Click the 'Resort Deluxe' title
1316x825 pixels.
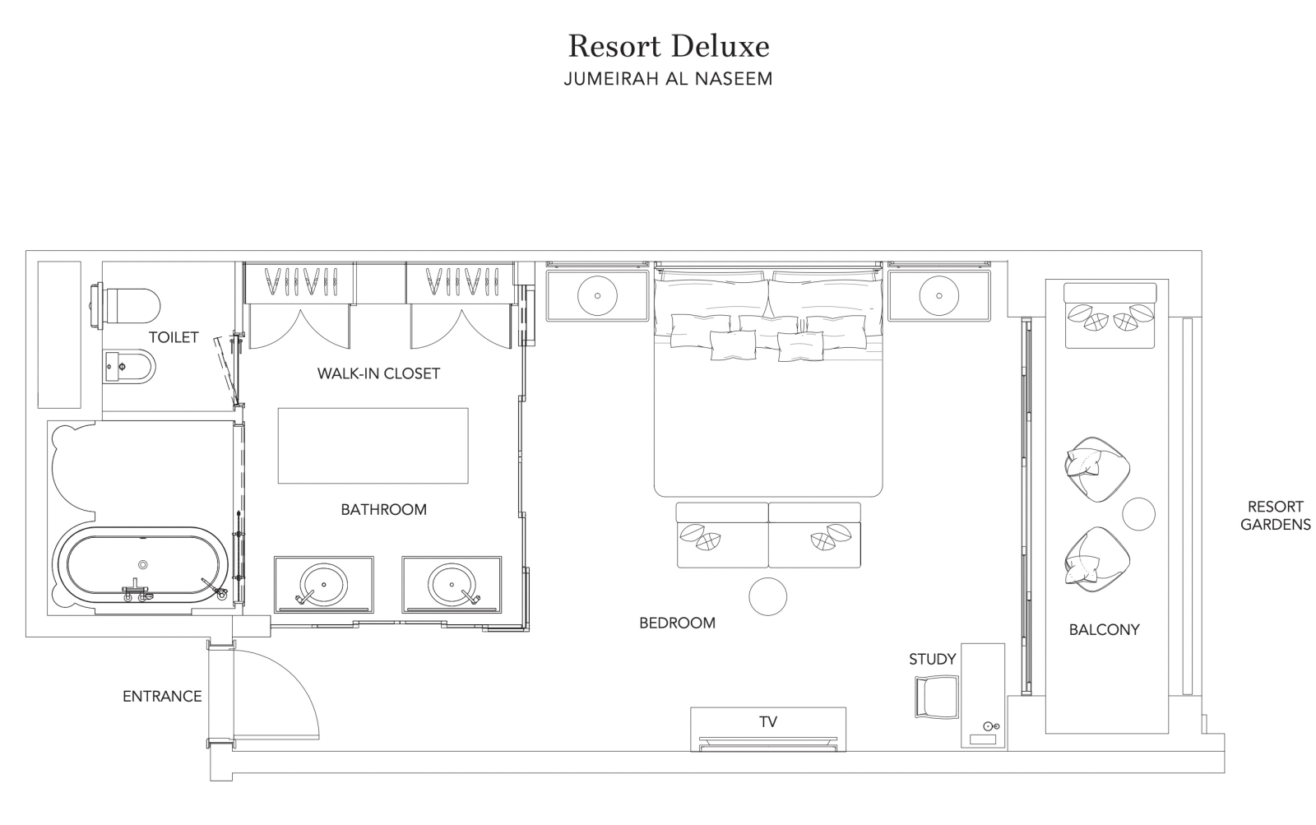(669, 46)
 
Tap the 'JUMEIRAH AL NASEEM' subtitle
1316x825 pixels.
(668, 79)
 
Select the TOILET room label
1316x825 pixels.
(174, 337)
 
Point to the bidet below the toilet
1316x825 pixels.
(130, 367)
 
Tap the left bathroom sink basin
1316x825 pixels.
(323, 584)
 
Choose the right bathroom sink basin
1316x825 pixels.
(452, 584)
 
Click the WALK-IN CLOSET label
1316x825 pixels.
(378, 373)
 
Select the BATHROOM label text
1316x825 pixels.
(383, 509)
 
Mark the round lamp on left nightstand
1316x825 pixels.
(597, 295)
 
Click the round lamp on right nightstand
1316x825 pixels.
(938, 295)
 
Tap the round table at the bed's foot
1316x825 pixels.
(768, 596)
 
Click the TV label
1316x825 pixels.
(768, 721)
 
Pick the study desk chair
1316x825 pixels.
(937, 697)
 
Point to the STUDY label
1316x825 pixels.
(933, 660)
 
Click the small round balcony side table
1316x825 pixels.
(1138, 513)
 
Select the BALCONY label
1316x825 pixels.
(1104, 630)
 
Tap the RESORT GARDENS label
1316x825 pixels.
(1276, 516)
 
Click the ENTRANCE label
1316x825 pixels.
(162, 697)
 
